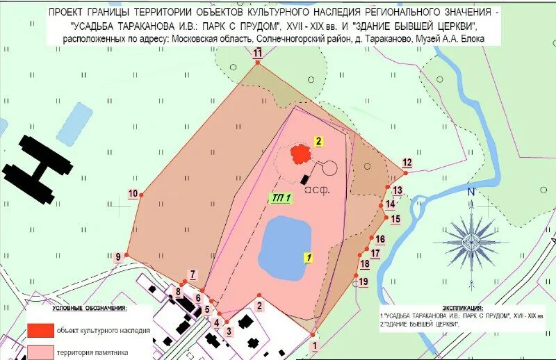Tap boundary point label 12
[407, 163]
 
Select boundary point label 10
[132, 194]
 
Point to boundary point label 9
[118, 256]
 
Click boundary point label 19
[363, 281]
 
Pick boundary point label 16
[380, 239]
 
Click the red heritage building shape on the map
[300, 153]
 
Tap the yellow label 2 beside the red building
[318, 141]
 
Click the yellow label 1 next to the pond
[306, 256]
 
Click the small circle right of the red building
[329, 167]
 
